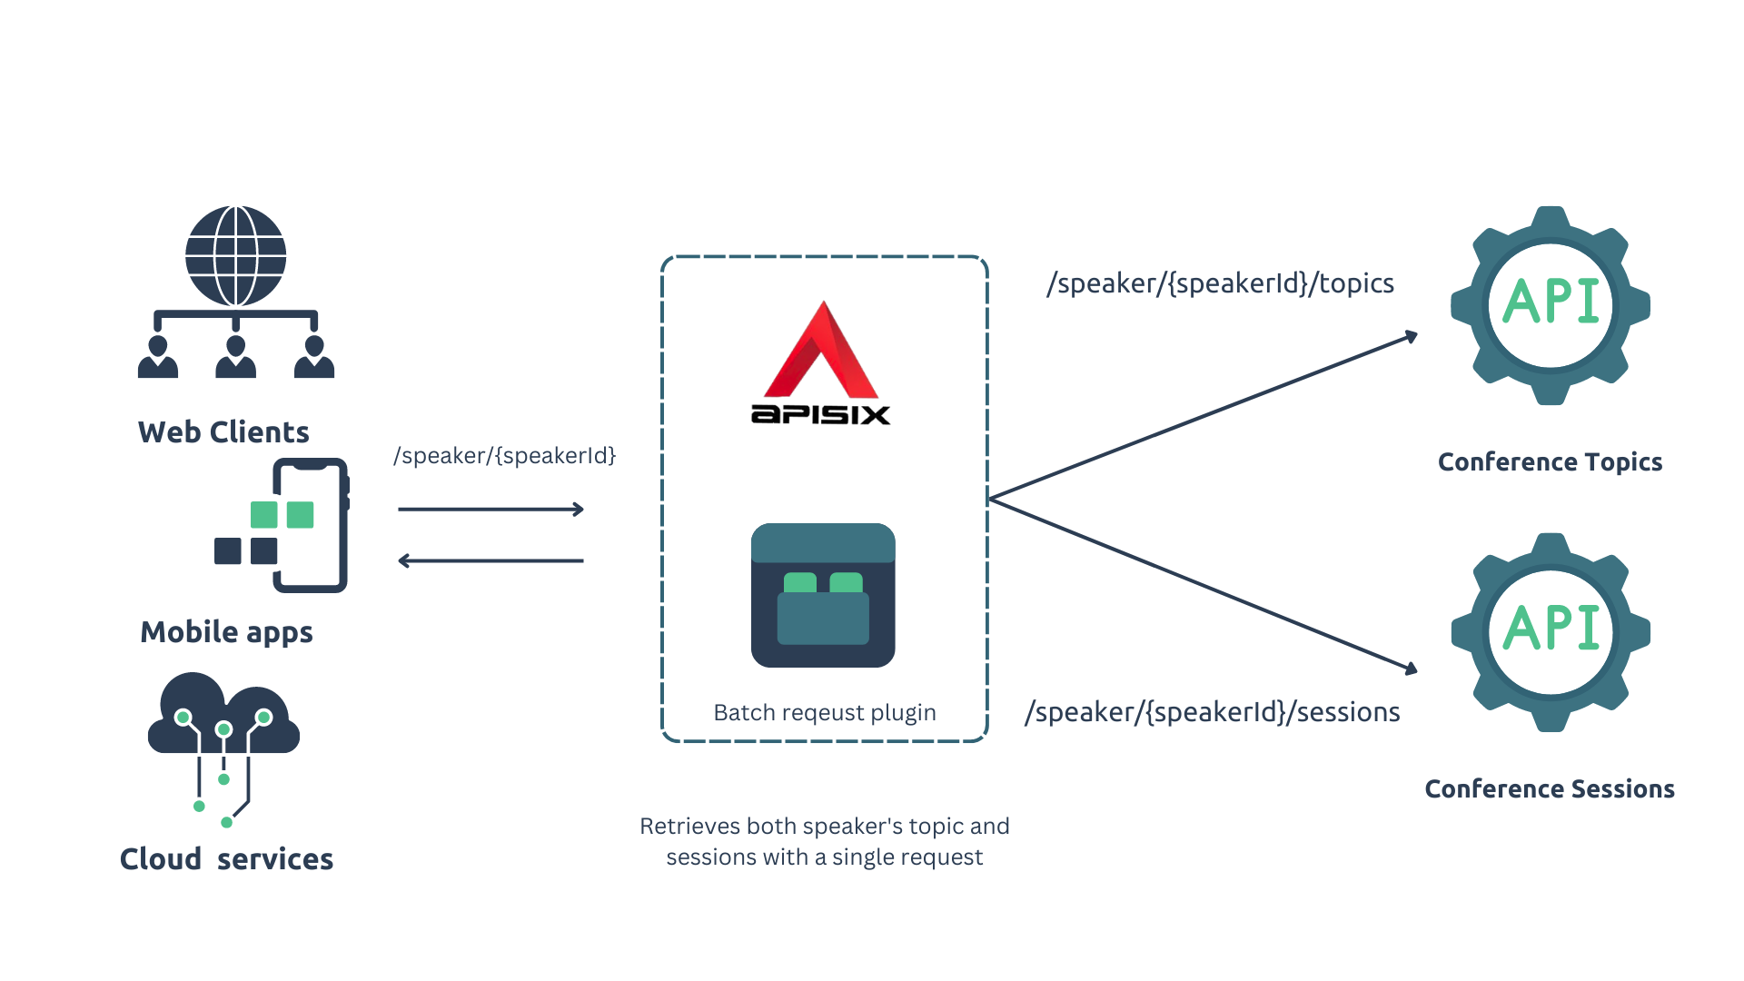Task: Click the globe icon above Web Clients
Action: [235, 256]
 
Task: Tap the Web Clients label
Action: [223, 432]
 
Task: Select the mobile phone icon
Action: [310, 525]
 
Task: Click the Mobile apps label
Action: [226, 632]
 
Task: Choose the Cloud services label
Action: [226, 859]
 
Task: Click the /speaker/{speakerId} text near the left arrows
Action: [504, 456]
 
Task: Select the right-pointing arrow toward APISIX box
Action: [490, 510]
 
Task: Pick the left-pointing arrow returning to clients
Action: [490, 561]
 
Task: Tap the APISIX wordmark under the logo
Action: [820, 415]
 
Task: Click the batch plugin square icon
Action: [823, 595]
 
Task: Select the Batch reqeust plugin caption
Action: [824, 713]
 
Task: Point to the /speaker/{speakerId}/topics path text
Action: [1220, 283]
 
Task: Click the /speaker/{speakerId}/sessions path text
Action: [1212, 712]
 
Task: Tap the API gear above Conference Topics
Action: [1550, 305]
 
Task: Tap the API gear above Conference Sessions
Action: [1550, 631]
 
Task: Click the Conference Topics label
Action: [1550, 462]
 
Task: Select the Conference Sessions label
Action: [1549, 789]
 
